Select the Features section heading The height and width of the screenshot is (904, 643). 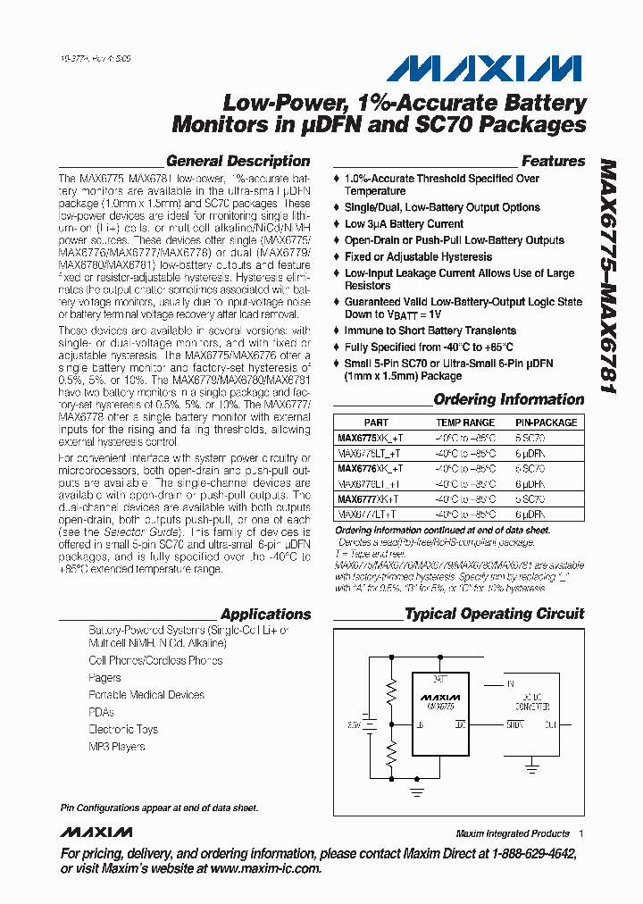553,162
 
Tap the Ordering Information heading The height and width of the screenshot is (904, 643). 508,400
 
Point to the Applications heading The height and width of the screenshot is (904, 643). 265,615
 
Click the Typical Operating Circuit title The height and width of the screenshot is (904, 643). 494,615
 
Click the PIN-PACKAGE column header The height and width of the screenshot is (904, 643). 546,423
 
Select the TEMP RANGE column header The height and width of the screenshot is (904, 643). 464,423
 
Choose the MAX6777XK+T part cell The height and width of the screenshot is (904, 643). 368,499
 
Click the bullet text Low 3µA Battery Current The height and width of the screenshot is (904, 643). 404,224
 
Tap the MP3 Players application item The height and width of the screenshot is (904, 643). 116,747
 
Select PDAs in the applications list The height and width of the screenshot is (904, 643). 101,713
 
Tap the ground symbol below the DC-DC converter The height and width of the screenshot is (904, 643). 532,766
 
